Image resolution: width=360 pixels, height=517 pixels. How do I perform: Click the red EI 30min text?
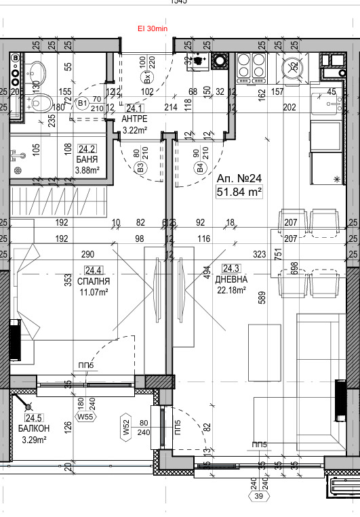tap(152, 28)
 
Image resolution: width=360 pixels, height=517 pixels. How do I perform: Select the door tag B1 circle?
tap(83, 104)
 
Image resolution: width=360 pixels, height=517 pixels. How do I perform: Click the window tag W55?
tap(85, 417)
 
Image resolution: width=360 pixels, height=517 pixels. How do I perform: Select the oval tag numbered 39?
tap(258, 497)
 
